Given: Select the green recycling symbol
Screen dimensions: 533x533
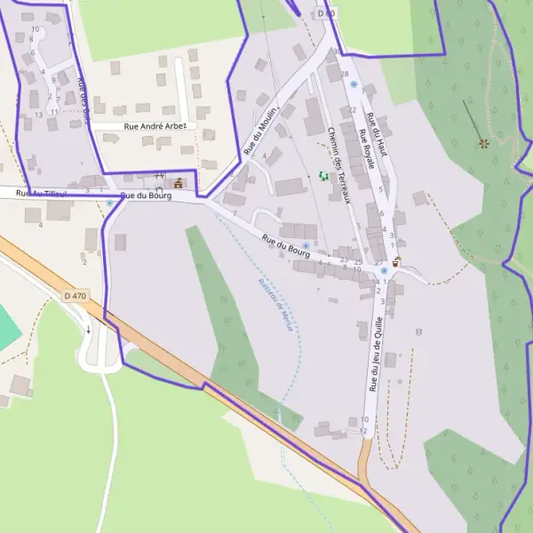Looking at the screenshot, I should (323, 177).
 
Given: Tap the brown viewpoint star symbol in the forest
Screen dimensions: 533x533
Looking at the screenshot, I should (483, 142).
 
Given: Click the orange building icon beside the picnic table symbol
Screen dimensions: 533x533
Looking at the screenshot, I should (179, 183).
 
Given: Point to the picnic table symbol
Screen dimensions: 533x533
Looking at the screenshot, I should (160, 177).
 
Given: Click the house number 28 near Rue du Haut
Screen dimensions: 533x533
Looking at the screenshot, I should (344, 74).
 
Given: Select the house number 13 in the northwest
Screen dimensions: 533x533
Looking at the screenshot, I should (38, 115).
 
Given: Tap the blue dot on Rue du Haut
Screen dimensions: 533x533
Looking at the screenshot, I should (353, 84).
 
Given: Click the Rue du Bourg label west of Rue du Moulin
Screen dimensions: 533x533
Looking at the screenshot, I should (145, 195).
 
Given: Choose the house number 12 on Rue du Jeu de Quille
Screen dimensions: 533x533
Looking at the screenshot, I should (363, 432).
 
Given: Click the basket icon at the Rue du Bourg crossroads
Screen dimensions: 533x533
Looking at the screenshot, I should (396, 261).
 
